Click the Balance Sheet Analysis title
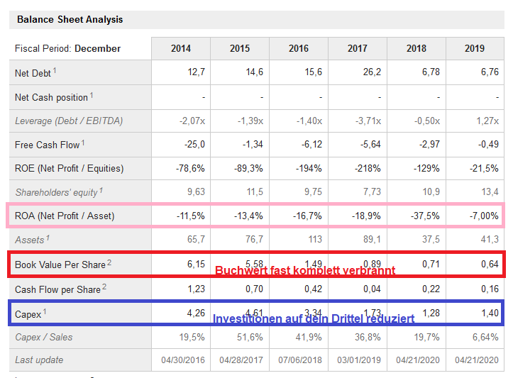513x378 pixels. coord(70,19)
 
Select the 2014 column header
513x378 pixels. coord(181,48)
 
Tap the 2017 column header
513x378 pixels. coord(358,48)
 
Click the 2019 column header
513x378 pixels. coord(475,48)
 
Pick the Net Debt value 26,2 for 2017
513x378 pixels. coord(372,72)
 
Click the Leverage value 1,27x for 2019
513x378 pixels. coord(487,121)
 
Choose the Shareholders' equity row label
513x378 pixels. coord(59,192)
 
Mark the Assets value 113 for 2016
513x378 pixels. coord(314,240)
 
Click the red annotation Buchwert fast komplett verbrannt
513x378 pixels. coord(305,270)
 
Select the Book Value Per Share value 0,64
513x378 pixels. coord(489,264)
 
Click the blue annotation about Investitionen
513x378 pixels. coord(314,319)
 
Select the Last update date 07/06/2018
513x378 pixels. coord(299,360)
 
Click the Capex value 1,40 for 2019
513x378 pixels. coord(489,313)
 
